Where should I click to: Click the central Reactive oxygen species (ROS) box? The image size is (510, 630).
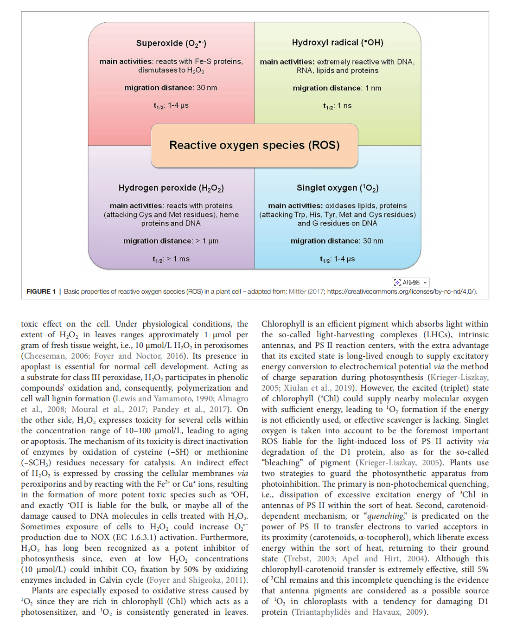pos(255,145)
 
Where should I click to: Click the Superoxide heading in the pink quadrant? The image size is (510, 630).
pos(171,43)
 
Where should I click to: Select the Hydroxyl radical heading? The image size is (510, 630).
pos(338,43)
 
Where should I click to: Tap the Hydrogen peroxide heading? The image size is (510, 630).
pos(171,188)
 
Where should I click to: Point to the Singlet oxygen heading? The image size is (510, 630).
pos(338,188)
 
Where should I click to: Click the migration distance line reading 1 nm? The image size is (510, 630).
pos(337,88)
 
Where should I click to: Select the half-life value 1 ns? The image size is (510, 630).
pos(337,106)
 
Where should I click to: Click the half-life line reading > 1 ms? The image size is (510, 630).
pos(171,259)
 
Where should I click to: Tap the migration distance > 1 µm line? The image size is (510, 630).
pos(171,241)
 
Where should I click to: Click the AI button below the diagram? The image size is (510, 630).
pos(411,282)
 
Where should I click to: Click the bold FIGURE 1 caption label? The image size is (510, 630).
pos(41,291)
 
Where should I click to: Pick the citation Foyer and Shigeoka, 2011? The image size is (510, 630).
pos(198,580)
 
